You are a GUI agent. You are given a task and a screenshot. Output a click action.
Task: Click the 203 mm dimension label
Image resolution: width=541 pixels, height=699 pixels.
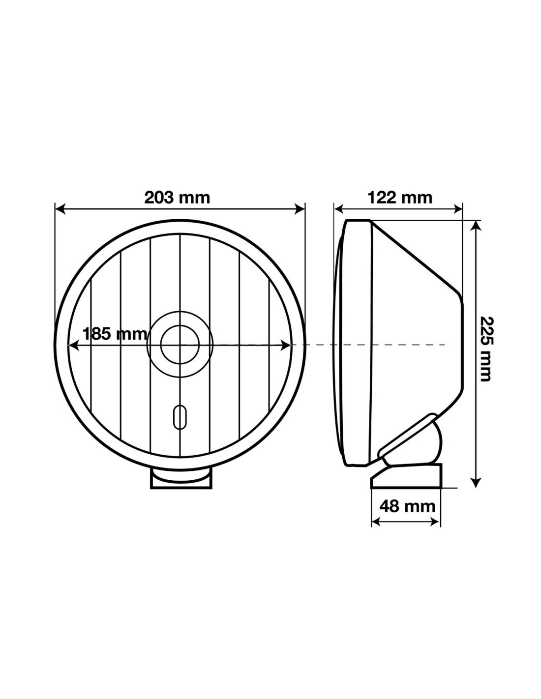click(x=177, y=198)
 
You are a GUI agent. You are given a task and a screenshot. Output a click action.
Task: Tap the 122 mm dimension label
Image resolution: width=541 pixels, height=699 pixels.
click(x=400, y=198)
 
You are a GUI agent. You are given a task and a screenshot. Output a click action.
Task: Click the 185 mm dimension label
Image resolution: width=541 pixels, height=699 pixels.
click(x=115, y=334)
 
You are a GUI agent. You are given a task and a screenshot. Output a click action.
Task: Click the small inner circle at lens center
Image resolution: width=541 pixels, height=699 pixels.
click(x=180, y=345)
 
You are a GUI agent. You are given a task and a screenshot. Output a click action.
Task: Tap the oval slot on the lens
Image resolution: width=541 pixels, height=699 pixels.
click(x=180, y=416)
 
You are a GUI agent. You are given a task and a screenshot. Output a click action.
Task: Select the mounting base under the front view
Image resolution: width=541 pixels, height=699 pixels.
click(x=181, y=479)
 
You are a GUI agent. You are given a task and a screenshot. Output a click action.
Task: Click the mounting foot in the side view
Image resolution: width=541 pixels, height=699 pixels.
click(x=406, y=476)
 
